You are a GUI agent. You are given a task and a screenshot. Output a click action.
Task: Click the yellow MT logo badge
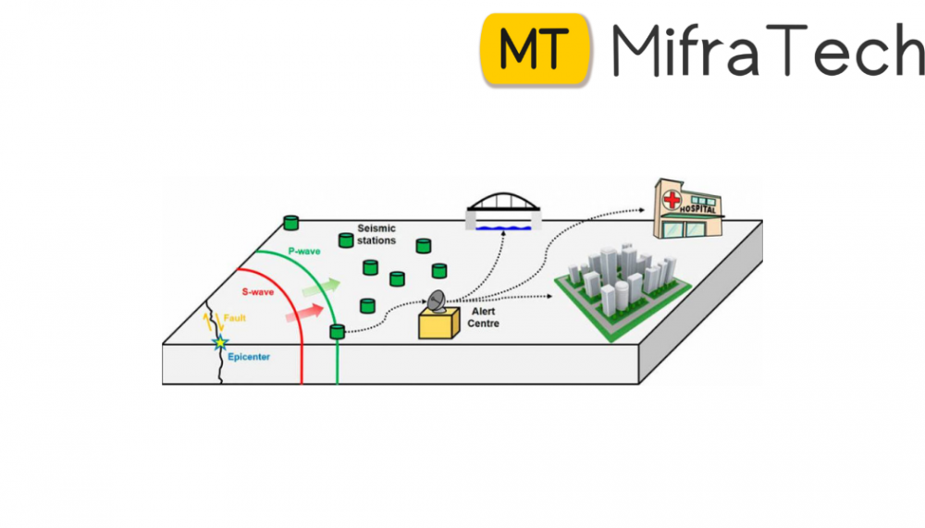536,48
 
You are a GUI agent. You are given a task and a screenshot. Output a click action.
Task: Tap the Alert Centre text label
484,317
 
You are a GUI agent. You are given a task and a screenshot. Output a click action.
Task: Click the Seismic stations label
376,234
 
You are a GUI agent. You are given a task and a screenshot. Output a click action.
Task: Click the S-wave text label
257,292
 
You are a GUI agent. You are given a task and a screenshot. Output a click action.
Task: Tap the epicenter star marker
220,342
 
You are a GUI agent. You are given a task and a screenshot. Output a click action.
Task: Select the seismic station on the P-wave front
338,330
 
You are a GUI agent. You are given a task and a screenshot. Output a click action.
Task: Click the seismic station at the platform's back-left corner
291,222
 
